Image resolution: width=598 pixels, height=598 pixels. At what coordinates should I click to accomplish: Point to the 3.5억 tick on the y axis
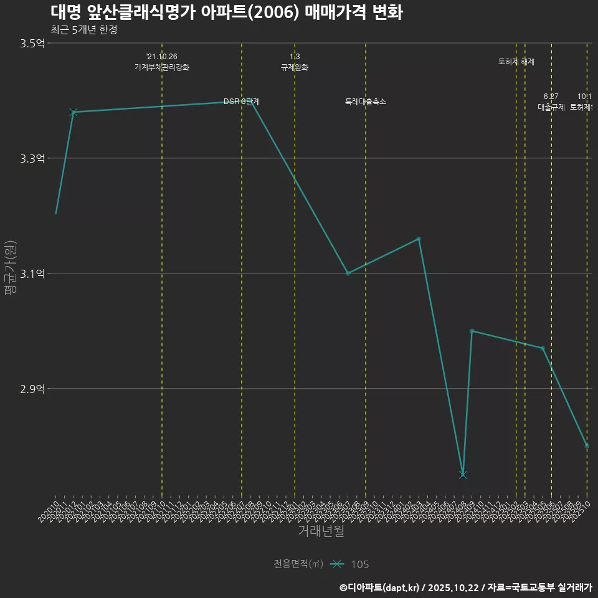32,43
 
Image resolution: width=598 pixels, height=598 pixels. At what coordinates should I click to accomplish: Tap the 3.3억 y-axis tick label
32,158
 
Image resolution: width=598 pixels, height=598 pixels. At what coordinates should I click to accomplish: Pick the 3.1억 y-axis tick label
32,273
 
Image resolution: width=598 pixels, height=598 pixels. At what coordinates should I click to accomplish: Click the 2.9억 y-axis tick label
32,389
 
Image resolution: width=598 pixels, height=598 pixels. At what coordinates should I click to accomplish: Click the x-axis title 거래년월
321,531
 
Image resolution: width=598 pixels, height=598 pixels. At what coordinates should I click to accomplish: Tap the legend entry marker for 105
337,564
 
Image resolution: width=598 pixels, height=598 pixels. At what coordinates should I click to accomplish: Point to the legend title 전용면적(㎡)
298,564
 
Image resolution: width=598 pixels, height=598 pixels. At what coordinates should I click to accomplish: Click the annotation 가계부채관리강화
162,67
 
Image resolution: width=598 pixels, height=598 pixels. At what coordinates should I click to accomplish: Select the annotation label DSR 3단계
242,102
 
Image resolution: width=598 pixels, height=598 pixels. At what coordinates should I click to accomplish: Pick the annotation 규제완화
295,67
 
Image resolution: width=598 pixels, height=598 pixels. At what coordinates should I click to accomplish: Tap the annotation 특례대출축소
366,102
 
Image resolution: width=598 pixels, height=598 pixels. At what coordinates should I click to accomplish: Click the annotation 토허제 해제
516,62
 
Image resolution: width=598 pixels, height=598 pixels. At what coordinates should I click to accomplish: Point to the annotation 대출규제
551,107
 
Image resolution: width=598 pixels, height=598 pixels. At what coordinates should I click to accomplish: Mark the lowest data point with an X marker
463,475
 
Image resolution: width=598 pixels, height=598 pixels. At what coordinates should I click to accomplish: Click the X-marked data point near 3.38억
74,112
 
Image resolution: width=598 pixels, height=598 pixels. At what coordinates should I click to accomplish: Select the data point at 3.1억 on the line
348,273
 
